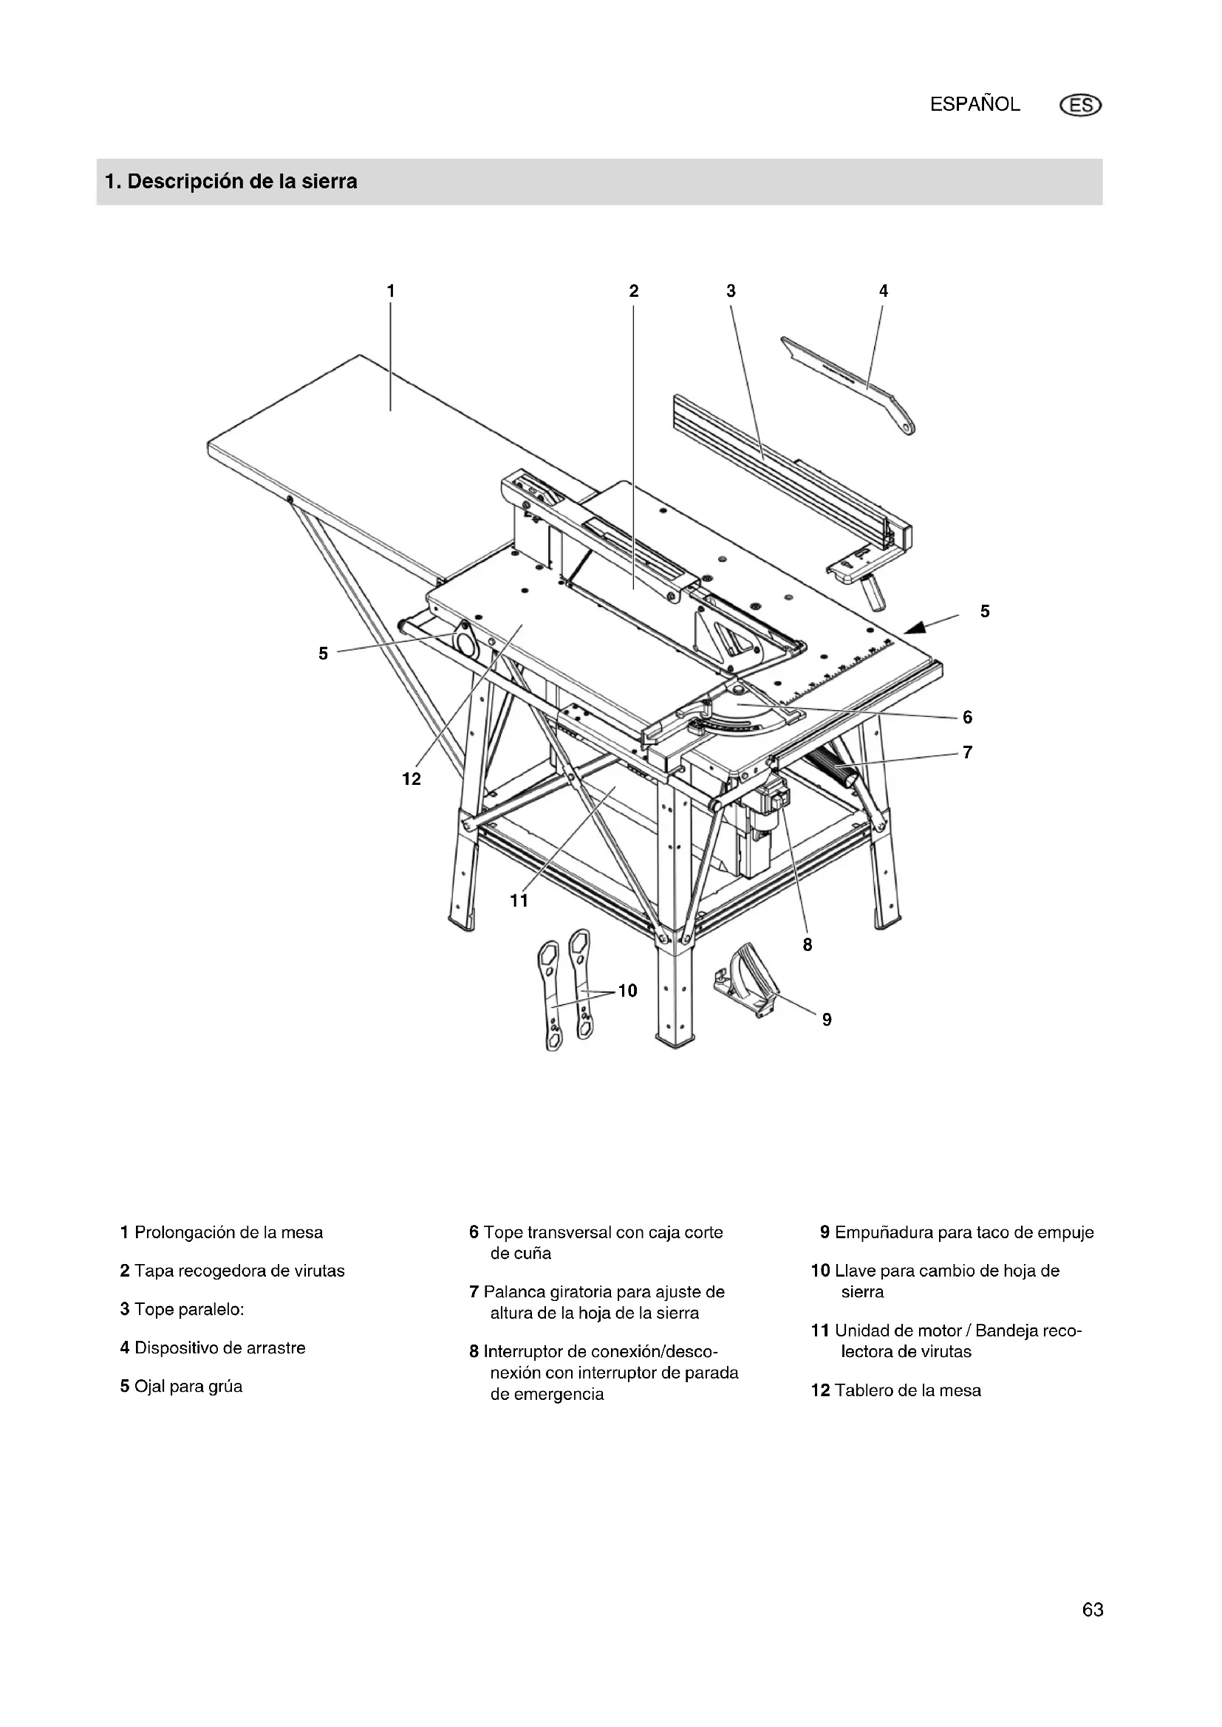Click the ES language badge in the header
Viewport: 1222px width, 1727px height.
[x=1080, y=106]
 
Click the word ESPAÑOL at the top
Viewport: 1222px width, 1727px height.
[x=974, y=105]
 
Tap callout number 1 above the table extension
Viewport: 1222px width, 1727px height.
[x=391, y=290]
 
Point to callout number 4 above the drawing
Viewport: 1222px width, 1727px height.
[x=884, y=290]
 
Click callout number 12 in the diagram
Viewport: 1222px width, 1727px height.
[x=412, y=779]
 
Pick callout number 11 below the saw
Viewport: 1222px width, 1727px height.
[x=519, y=900]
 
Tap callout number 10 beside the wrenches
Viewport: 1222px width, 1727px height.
[x=627, y=990]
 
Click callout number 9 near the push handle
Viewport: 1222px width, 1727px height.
[x=827, y=1019]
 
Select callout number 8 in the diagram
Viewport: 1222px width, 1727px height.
[x=808, y=945]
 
